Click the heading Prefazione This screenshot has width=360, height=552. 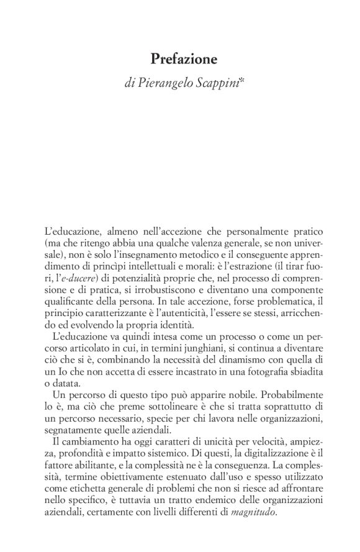[184, 60]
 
